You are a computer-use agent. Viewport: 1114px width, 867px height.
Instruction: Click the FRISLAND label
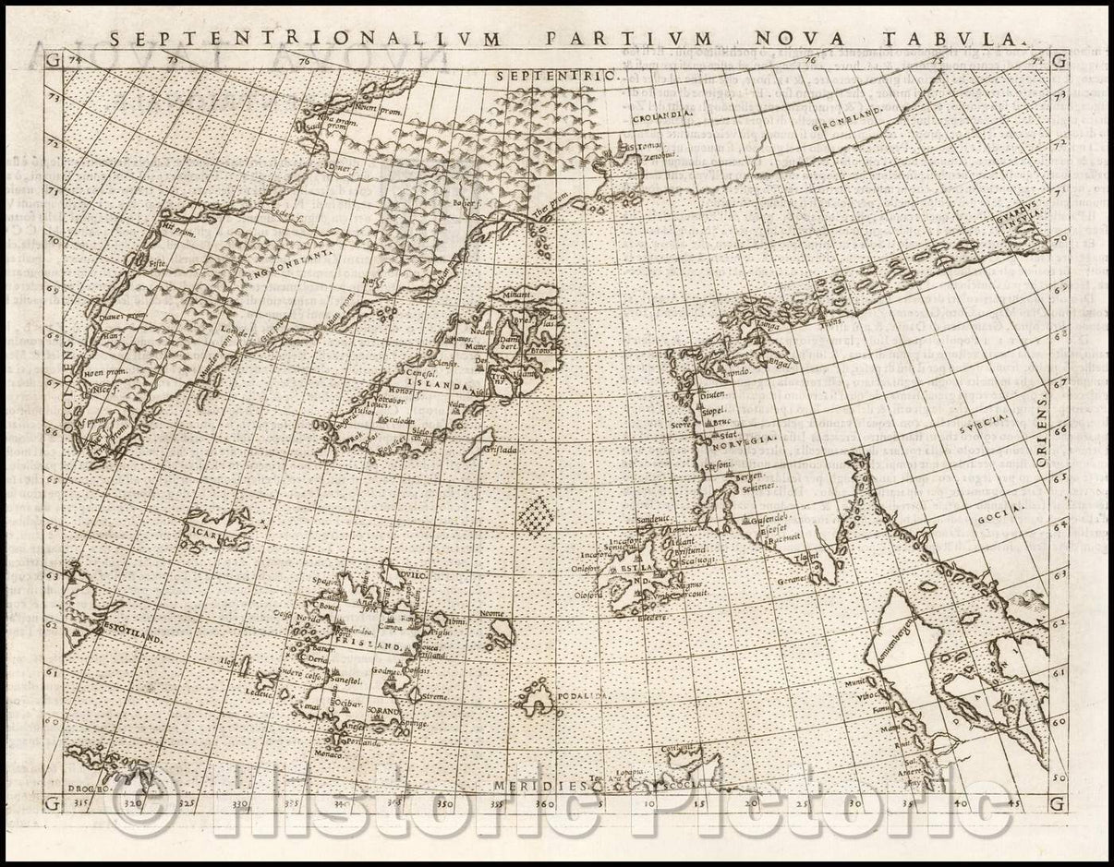(373, 648)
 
